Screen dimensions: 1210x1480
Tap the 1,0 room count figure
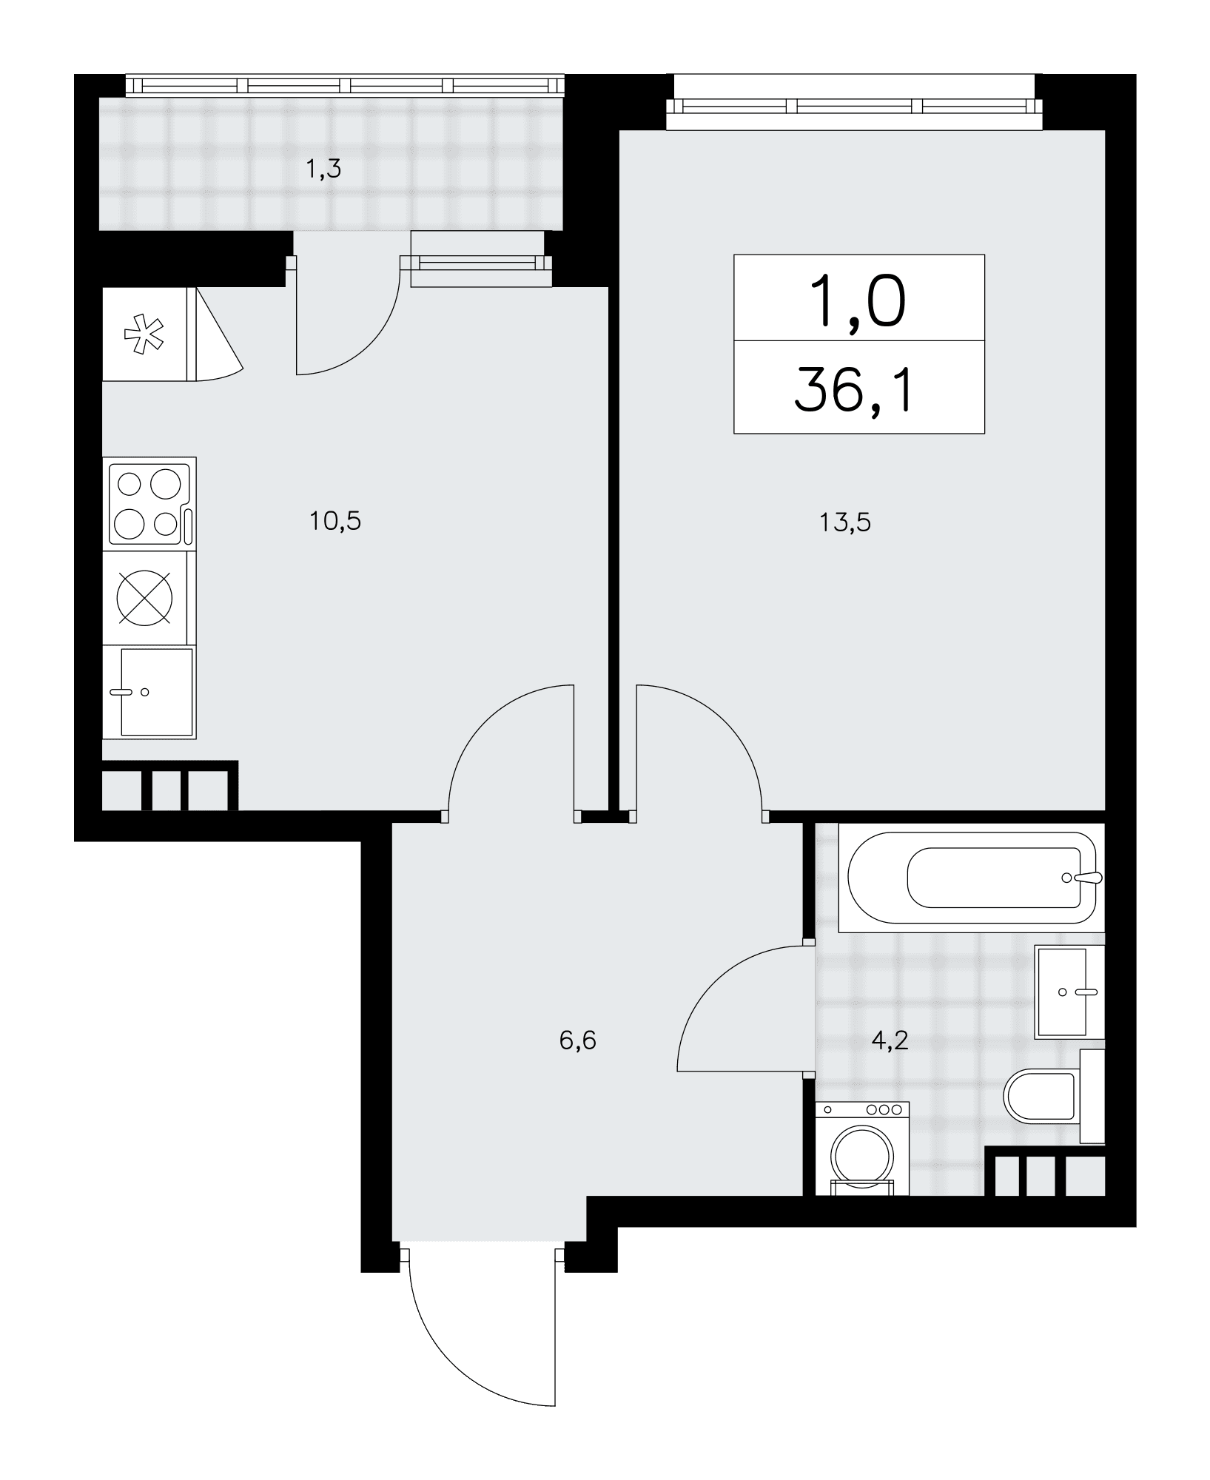(858, 299)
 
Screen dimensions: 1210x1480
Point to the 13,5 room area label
(844, 523)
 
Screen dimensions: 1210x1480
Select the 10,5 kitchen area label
(335, 522)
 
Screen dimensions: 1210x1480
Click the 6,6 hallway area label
(578, 1041)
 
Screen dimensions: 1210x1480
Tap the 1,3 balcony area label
(324, 170)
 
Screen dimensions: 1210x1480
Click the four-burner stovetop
(149, 503)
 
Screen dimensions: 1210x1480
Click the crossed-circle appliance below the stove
(144, 598)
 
